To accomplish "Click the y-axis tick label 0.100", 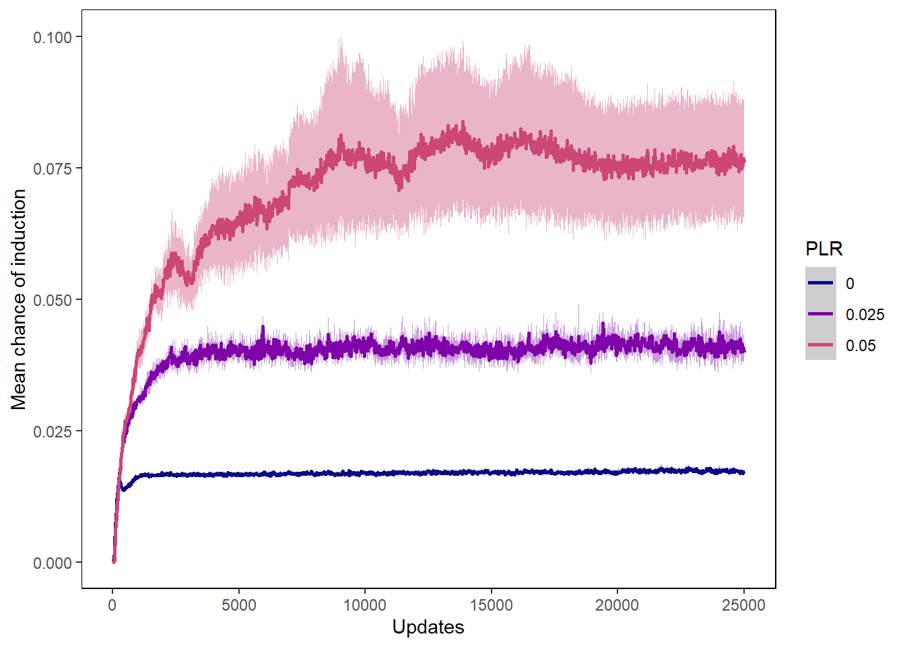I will click(x=53, y=37).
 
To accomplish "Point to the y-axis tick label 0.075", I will click(x=53, y=168).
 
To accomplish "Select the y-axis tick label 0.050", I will click(x=53, y=300).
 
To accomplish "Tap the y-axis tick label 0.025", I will click(x=53, y=431).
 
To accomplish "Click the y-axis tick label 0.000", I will click(x=53, y=563).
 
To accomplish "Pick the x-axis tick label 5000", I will click(x=239, y=605).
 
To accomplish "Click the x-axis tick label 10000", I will click(x=365, y=605).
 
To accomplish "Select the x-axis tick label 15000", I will click(x=491, y=605).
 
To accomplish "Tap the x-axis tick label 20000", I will click(x=617, y=605).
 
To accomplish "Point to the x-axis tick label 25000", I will click(x=743, y=605).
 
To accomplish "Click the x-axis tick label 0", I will click(x=112, y=605).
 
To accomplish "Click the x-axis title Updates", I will click(x=428, y=627).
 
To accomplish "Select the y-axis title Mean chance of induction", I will click(x=19, y=299).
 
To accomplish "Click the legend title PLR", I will click(x=824, y=249).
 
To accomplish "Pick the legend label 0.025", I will click(x=865, y=315).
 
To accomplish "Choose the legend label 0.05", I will click(x=861, y=346).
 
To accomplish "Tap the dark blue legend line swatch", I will click(x=820, y=283).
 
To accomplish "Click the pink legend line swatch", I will click(x=820, y=345).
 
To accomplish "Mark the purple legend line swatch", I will click(x=820, y=314).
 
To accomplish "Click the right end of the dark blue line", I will click(x=743, y=472).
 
